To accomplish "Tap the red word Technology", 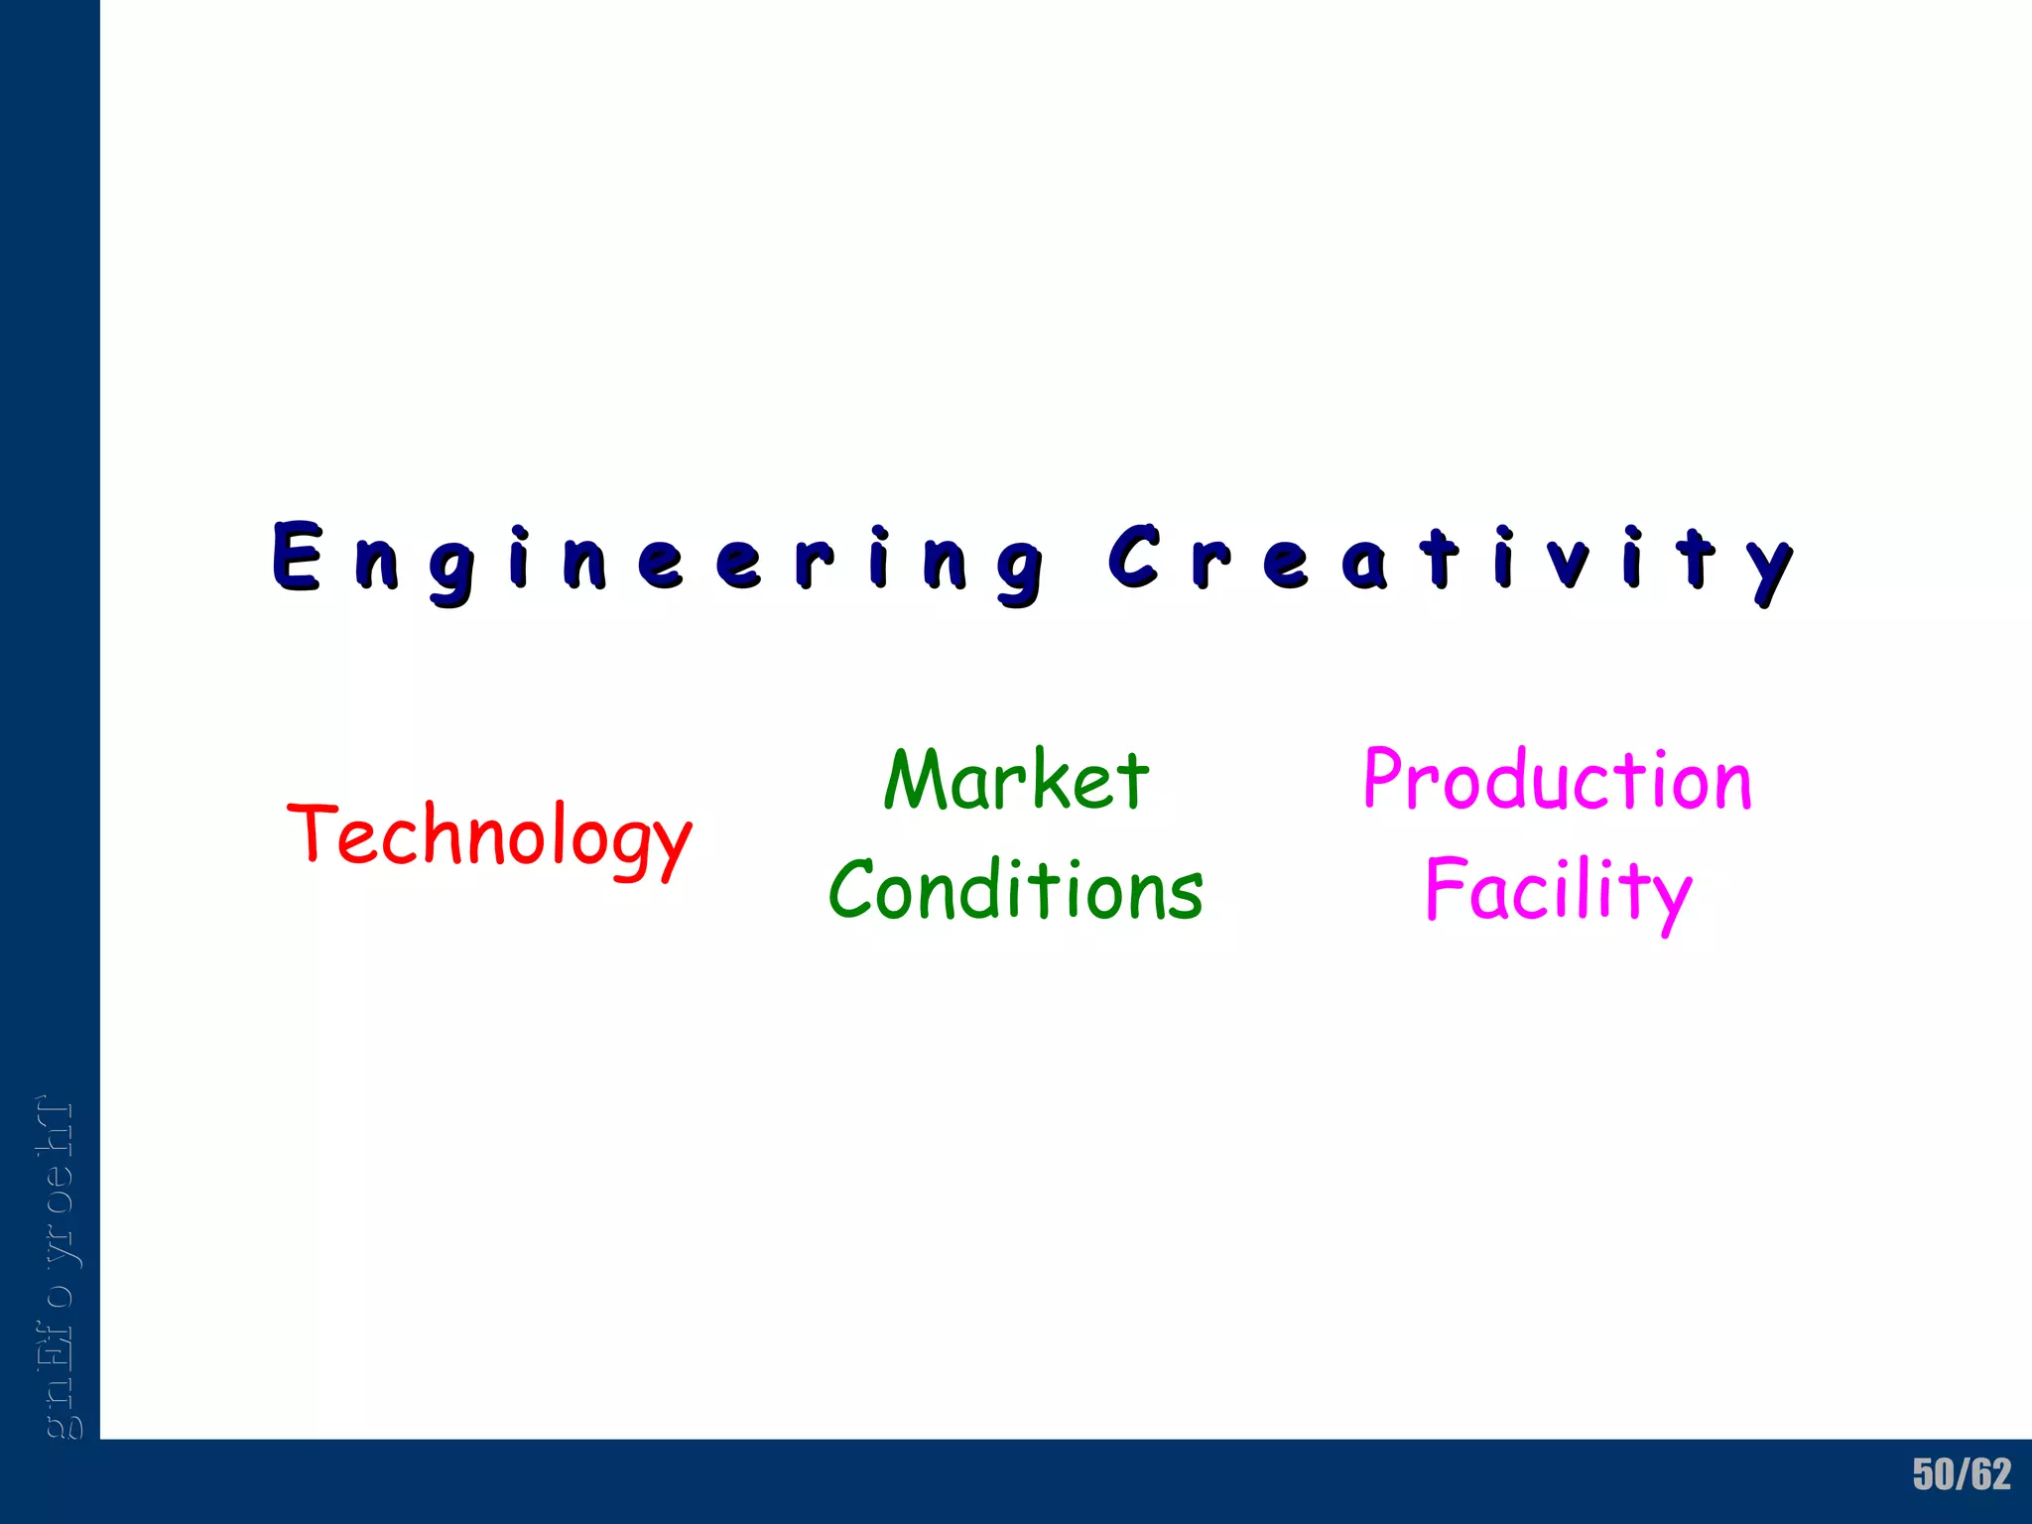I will [x=489, y=836].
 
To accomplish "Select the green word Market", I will [x=1016, y=781].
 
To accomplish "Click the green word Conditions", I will [x=1016, y=890].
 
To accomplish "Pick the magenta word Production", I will [x=1558, y=781].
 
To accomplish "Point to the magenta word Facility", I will [x=1558, y=890].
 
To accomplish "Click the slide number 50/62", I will [x=1962, y=1474].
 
